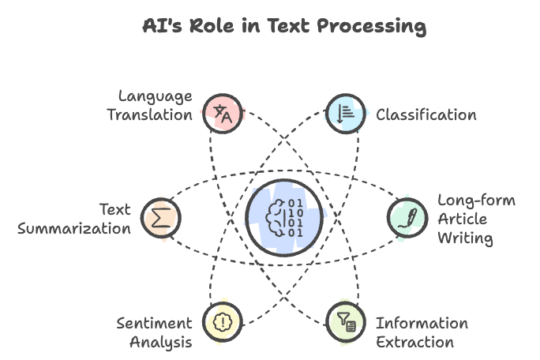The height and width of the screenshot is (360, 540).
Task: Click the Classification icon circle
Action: tap(345, 114)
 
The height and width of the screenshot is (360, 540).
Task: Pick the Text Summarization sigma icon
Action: tap(161, 216)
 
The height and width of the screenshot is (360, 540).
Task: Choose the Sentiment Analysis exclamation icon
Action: tap(222, 321)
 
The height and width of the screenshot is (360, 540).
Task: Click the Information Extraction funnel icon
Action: tap(345, 321)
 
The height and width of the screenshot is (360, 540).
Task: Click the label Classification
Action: tap(426, 115)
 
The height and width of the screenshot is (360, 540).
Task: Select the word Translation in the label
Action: tap(149, 114)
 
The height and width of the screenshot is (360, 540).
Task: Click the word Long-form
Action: tap(476, 201)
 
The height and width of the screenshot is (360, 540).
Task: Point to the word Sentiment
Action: tap(154, 324)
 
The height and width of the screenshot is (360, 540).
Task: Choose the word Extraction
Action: tap(414, 342)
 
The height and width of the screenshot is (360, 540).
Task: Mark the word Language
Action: tap(155, 96)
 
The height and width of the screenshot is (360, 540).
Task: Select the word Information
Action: tap(422, 324)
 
